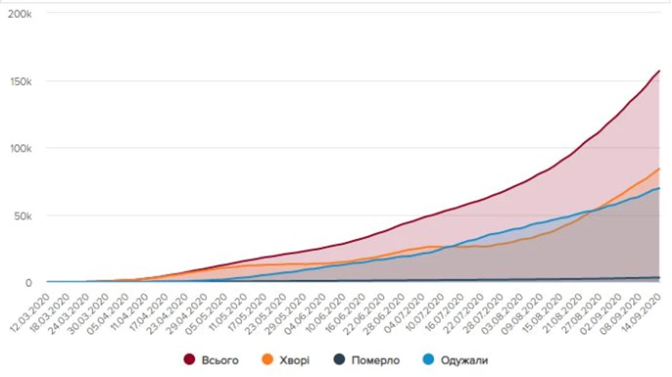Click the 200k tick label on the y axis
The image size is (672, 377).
tap(19, 14)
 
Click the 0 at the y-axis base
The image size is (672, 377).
tap(29, 283)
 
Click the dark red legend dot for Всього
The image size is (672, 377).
tap(189, 361)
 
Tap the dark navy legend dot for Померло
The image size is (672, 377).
tap(337, 361)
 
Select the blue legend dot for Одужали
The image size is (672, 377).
tap(428, 361)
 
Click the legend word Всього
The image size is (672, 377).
tap(220, 361)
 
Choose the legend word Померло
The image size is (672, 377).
tap(375, 361)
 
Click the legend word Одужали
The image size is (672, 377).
tap(464, 361)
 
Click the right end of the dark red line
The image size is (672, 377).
tap(659, 71)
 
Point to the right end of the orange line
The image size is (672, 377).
tap(659, 169)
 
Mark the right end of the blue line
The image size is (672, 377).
tap(659, 189)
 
